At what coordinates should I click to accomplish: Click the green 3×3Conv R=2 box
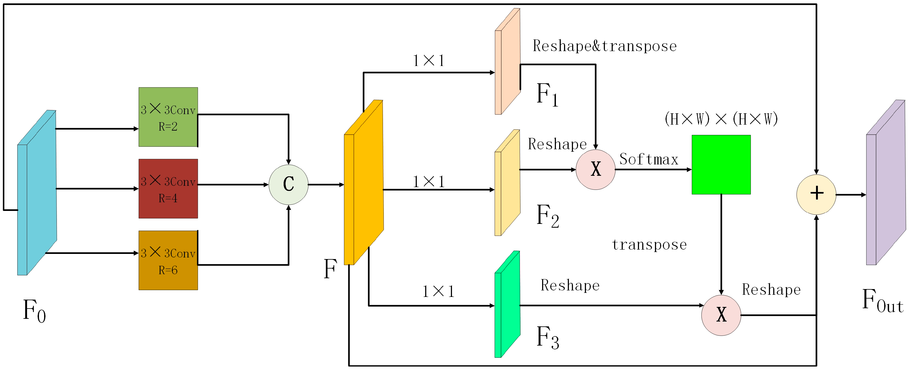click(x=168, y=117)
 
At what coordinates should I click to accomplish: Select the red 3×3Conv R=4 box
click(x=168, y=189)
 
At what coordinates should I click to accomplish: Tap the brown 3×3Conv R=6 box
click(x=168, y=260)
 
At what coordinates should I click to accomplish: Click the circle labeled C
click(x=289, y=184)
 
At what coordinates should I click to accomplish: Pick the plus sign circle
click(x=816, y=194)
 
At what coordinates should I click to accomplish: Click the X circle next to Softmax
click(x=595, y=170)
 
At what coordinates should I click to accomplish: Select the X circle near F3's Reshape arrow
click(x=721, y=315)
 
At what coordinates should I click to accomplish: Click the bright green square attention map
click(x=721, y=165)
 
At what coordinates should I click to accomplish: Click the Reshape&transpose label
click(x=605, y=46)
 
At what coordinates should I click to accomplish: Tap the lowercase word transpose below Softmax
click(x=649, y=244)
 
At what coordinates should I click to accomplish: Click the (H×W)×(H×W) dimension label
click(x=721, y=119)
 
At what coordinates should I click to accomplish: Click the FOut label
click(x=882, y=301)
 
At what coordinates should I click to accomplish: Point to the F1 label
click(x=547, y=95)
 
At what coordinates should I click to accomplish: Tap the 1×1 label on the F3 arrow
click(x=438, y=291)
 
